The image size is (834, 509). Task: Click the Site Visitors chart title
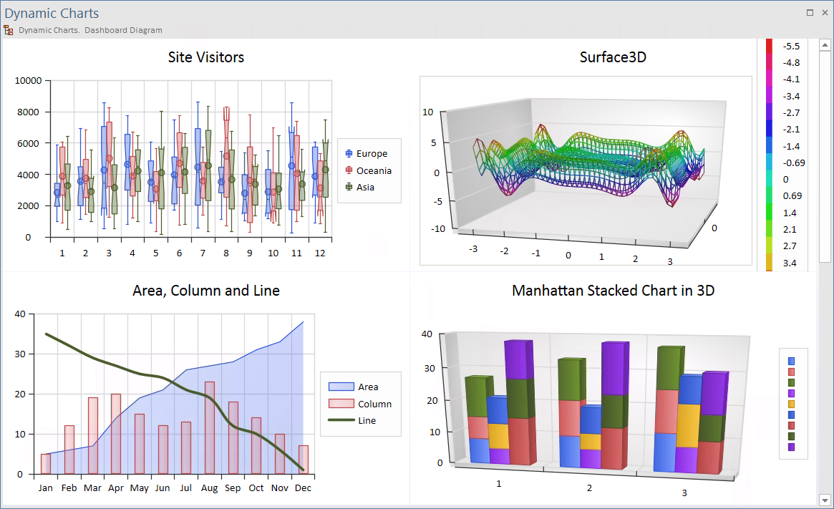205,57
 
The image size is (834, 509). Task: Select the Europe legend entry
371,153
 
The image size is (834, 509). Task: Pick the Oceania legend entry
374,170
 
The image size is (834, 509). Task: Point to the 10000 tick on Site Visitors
29,81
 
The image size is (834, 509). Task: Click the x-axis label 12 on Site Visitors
320,253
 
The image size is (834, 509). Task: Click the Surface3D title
613,57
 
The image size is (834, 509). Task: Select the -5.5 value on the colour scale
791,46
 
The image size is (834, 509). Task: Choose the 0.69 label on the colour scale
792,195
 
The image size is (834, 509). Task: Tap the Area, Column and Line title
206,291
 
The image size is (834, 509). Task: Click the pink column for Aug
210,428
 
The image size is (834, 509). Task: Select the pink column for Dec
304,460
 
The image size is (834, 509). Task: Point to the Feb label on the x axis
69,488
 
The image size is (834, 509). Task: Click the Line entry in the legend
367,420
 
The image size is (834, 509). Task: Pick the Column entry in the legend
374,404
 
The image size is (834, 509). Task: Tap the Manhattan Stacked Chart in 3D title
613,291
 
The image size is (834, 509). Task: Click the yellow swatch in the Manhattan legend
791,404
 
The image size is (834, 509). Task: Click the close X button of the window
824,12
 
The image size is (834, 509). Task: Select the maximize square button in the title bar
810,12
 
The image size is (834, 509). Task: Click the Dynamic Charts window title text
52,14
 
